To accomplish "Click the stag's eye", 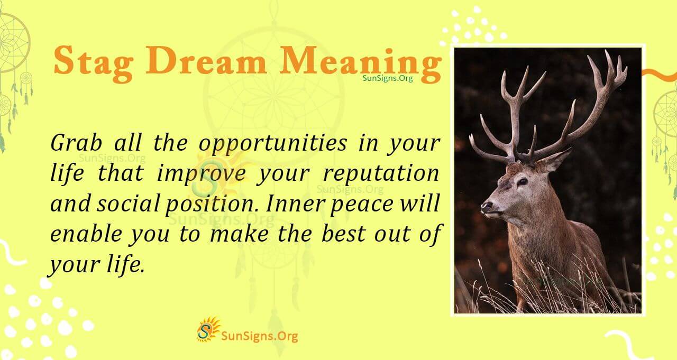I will (x=522, y=181).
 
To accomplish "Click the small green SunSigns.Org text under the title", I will (x=387, y=78).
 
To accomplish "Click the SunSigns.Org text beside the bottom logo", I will (x=259, y=335).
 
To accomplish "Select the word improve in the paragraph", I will (x=201, y=174).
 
